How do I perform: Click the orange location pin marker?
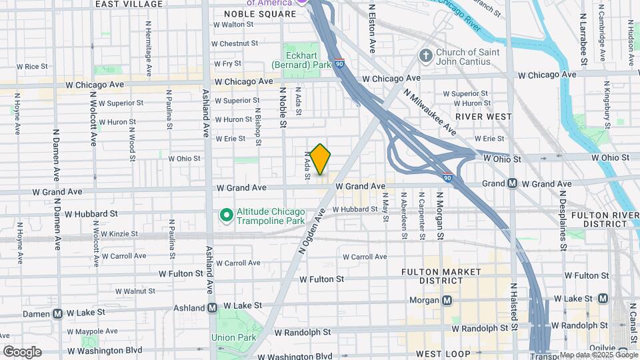(x=320, y=159)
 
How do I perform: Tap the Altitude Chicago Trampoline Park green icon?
(x=226, y=215)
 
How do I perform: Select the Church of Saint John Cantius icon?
(x=425, y=56)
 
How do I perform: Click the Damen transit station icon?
(x=58, y=313)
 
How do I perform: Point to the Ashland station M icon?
(x=213, y=308)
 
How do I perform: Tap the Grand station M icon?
(x=513, y=183)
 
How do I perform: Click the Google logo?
(x=22, y=352)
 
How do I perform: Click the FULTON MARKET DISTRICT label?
(x=441, y=276)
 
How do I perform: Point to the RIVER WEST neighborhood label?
(x=483, y=116)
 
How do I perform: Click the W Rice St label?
(x=32, y=66)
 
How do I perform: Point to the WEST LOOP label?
(x=442, y=353)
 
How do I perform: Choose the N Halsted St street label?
(x=514, y=305)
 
